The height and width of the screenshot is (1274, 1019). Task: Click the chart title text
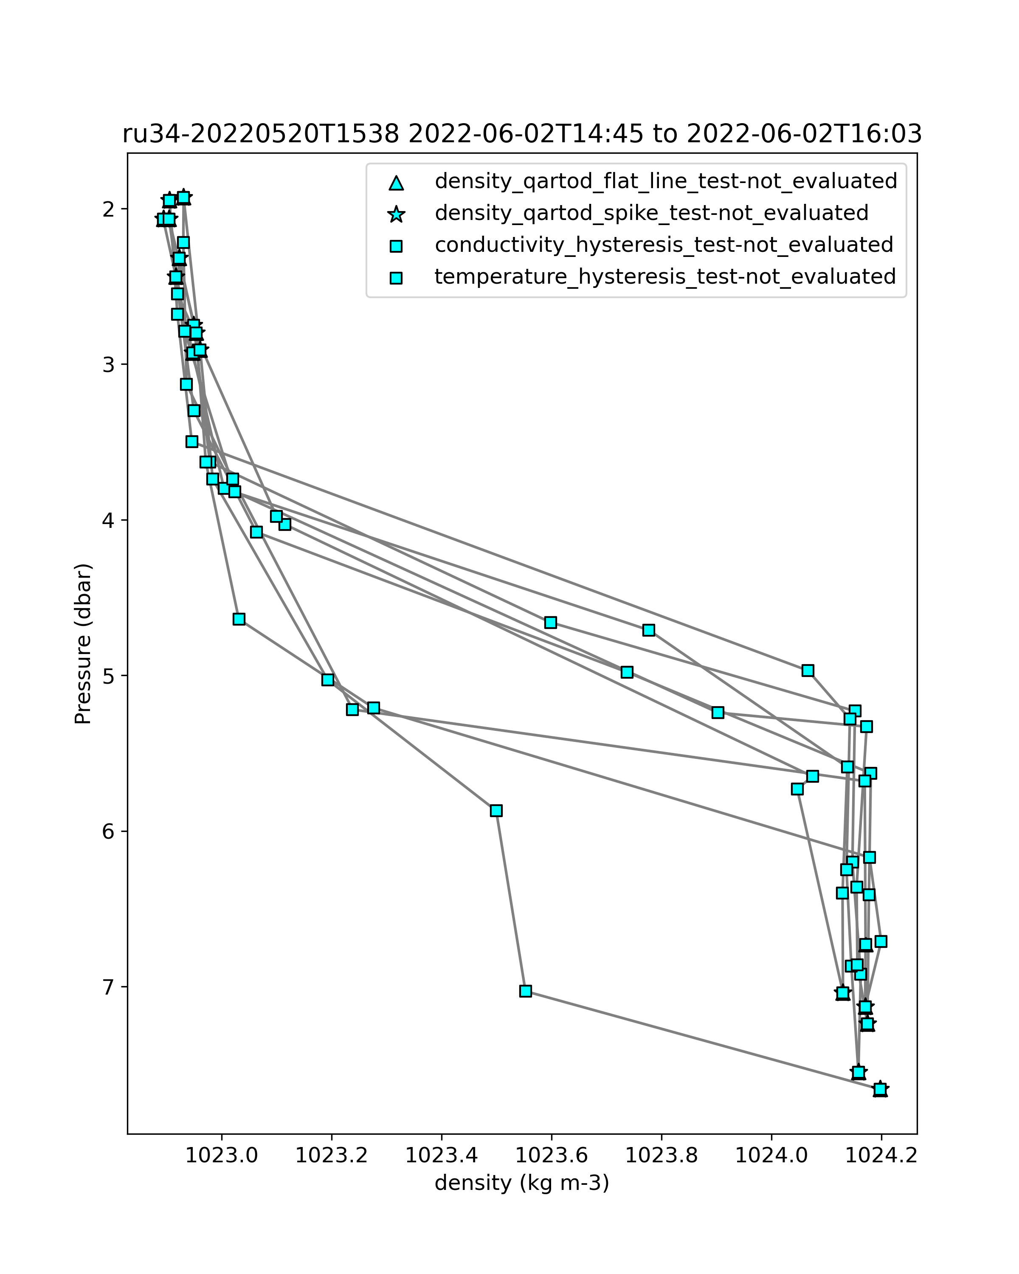point(522,135)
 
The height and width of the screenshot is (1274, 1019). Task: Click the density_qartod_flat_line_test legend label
point(666,181)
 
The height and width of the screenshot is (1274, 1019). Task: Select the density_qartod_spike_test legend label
point(652,213)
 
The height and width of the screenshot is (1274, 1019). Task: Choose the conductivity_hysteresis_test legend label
point(664,245)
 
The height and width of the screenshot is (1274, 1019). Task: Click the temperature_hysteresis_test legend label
point(665,276)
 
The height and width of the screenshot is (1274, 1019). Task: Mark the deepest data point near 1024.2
point(880,1089)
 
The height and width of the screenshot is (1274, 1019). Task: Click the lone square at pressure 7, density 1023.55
point(525,991)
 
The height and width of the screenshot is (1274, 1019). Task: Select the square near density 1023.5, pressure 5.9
point(496,810)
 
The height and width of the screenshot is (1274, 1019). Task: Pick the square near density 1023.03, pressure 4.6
point(239,619)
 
